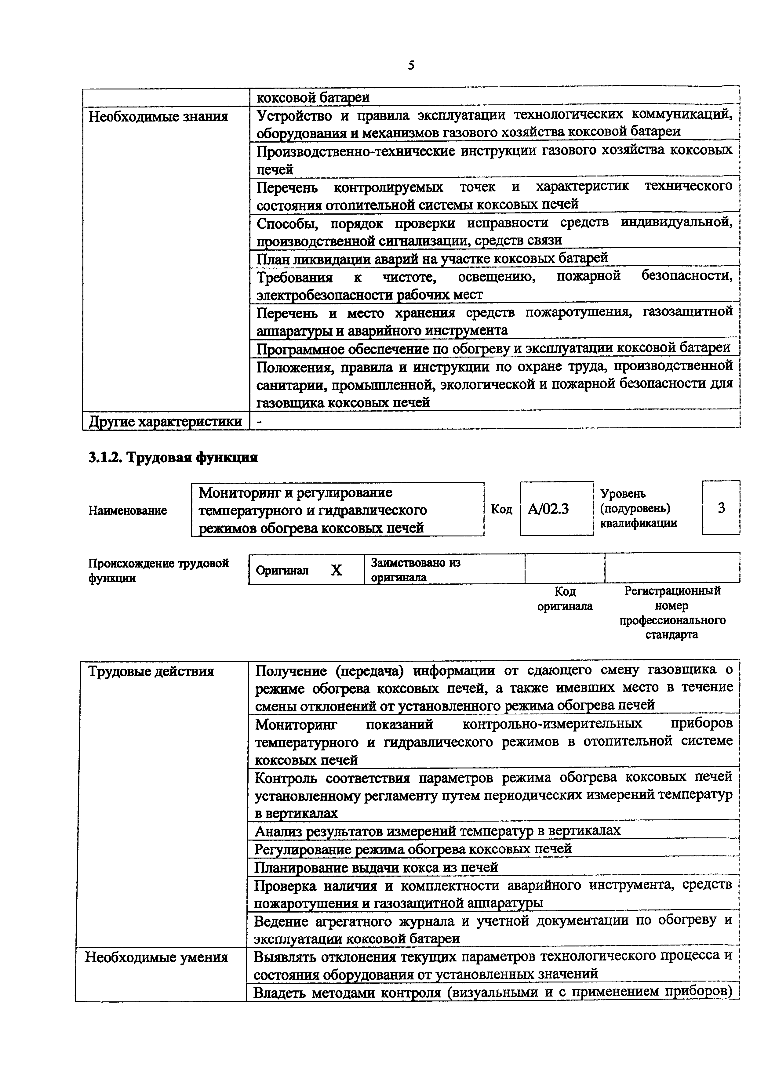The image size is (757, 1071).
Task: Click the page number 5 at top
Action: [x=411, y=65]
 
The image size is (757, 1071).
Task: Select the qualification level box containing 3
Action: [x=721, y=507]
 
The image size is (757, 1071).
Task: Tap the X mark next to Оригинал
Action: [x=336, y=570]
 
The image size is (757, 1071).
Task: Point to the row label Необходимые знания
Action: [x=158, y=116]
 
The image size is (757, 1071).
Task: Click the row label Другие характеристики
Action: [x=165, y=421]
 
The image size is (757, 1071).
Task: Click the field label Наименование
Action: [x=127, y=510]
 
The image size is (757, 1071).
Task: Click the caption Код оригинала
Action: [x=565, y=599]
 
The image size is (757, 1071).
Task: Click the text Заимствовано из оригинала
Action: [x=415, y=570]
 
